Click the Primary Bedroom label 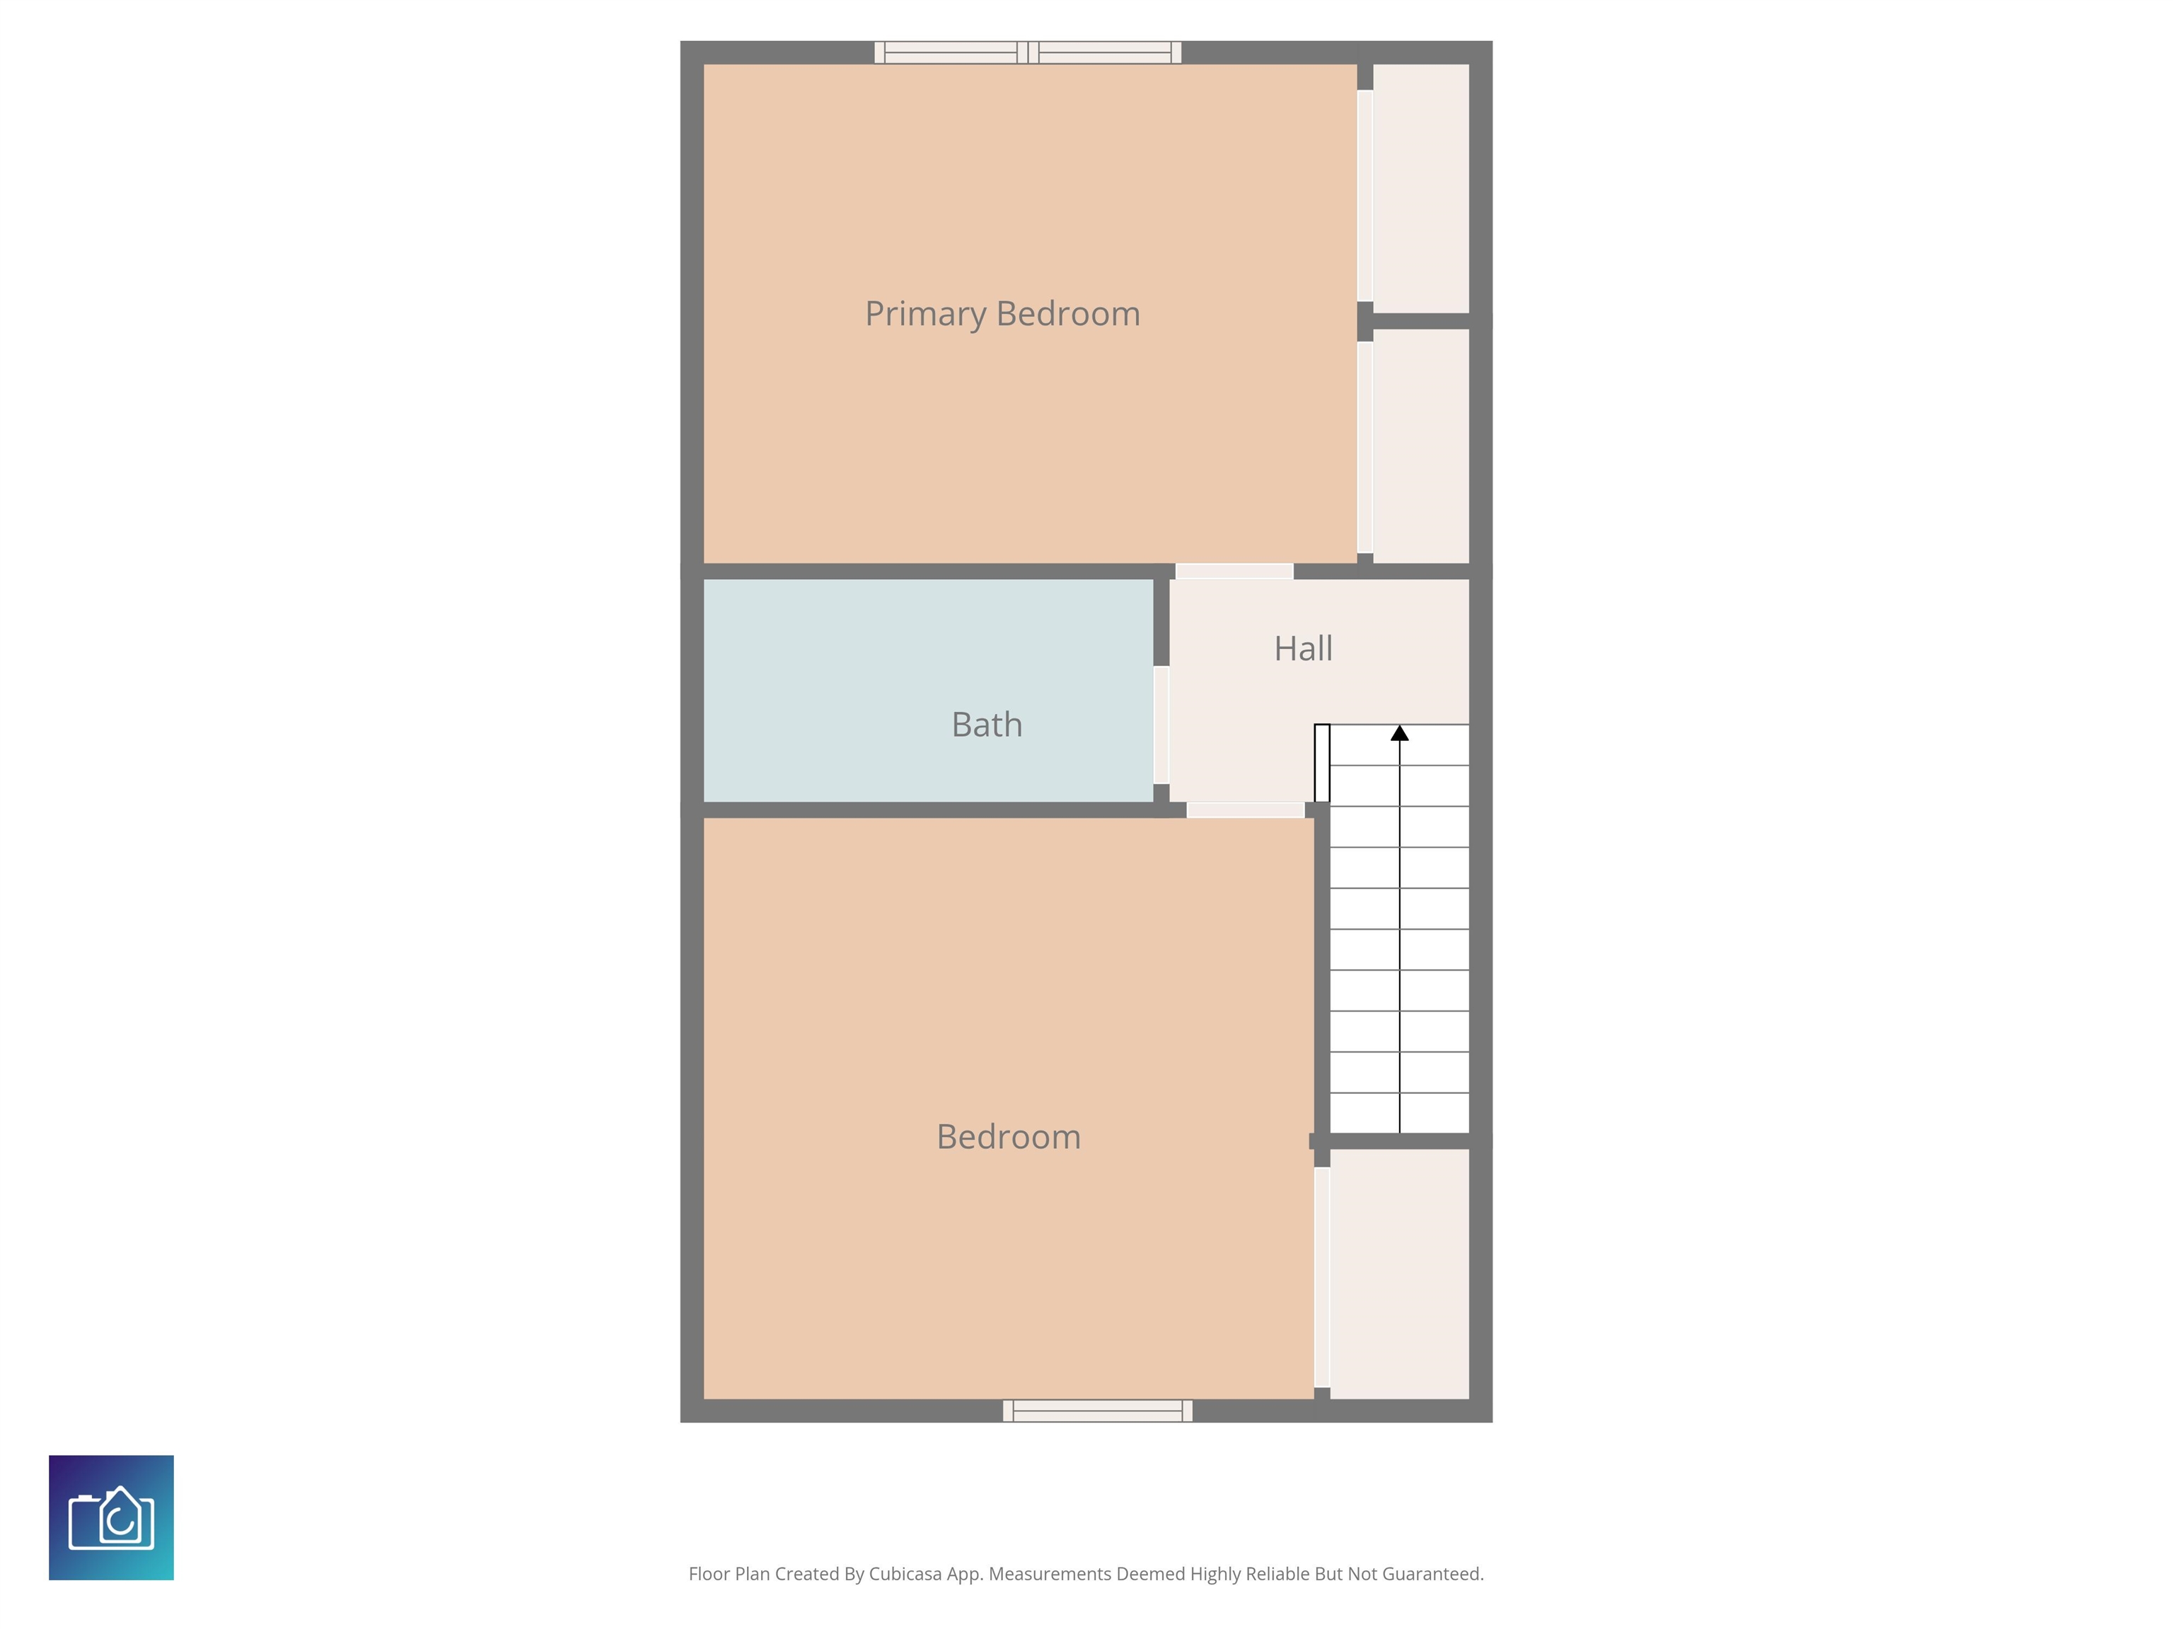1002,314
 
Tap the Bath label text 986,725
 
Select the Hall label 1303,648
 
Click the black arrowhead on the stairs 1400,732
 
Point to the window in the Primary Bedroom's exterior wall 1028,52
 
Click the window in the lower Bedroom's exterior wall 1097,1411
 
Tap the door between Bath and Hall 1161,725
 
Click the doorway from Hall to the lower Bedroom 1246,810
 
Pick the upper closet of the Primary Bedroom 1420,189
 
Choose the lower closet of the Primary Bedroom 1420,446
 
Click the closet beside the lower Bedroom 1399,1273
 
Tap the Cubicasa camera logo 111,1518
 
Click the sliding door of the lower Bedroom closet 1322,1276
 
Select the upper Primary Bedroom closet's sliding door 1364,195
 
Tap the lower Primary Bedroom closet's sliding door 1364,447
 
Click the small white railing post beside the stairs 1322,763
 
